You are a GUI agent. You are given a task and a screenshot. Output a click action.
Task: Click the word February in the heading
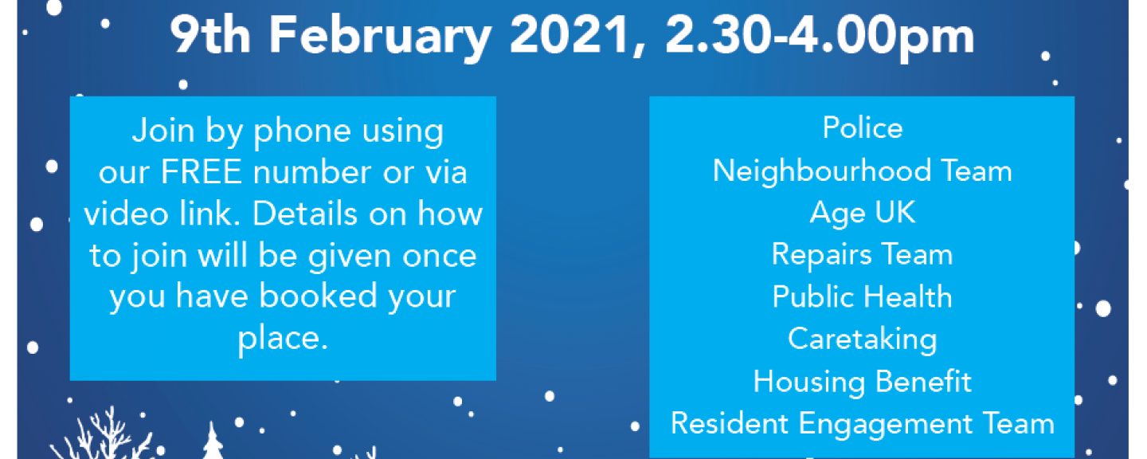click(380, 37)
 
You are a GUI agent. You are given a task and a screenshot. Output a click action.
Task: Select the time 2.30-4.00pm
click(820, 37)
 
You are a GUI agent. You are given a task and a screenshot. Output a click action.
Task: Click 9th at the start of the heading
click(210, 35)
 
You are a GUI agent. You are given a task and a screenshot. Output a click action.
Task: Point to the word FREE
click(202, 171)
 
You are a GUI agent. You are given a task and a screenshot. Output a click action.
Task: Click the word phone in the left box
click(302, 132)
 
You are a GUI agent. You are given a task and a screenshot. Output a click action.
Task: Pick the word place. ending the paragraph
click(283, 339)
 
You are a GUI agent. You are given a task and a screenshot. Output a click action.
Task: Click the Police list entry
click(863, 127)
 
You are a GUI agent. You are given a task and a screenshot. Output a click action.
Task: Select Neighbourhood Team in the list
click(863, 171)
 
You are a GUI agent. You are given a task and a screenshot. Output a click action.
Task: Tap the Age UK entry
click(863, 213)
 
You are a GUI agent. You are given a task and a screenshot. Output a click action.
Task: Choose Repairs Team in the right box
click(863, 255)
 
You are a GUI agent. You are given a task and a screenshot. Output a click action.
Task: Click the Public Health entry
click(863, 296)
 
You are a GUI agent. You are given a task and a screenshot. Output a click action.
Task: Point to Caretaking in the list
click(863, 339)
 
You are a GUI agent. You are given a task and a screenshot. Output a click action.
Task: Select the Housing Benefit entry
click(863, 382)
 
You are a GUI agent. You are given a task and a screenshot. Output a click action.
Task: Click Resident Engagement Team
click(863, 424)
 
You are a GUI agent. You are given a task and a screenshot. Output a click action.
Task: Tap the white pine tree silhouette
click(212, 441)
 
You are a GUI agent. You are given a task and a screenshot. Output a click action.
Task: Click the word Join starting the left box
click(163, 132)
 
